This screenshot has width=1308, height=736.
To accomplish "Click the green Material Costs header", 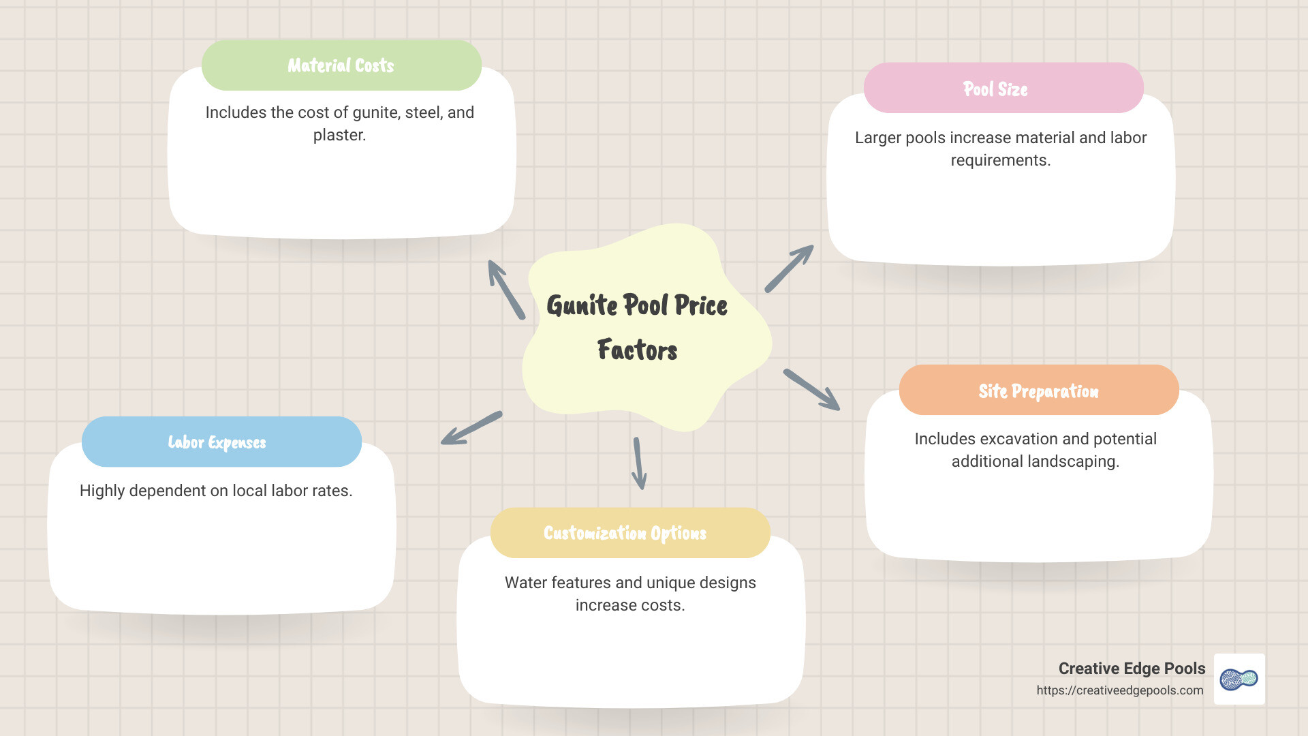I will tap(341, 65).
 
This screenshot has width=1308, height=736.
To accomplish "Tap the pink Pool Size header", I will tap(1003, 89).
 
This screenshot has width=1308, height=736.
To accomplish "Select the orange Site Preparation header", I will tap(1038, 390).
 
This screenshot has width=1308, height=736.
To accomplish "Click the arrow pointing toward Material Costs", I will tap(506, 290).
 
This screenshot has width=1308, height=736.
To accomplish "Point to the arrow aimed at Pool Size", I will tap(789, 269).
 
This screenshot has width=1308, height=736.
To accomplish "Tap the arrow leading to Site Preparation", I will tap(811, 390).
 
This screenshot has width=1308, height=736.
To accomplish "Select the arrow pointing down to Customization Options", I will tap(639, 463).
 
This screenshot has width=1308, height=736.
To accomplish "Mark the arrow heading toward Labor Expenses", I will tap(471, 428).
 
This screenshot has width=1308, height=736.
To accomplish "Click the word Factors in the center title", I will tap(637, 350).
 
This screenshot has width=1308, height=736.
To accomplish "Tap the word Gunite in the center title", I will tap(582, 305).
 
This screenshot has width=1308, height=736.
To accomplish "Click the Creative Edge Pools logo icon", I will tap(1239, 679).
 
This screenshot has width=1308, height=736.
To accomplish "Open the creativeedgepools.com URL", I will tap(1119, 690).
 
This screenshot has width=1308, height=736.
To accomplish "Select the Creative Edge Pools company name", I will tap(1132, 669).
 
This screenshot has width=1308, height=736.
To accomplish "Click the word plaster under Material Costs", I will tap(339, 136).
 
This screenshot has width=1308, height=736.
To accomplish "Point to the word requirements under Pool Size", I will tap(1000, 161).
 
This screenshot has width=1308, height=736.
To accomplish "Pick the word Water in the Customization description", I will tap(525, 583).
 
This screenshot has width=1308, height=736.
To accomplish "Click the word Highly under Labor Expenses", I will tap(102, 491).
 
